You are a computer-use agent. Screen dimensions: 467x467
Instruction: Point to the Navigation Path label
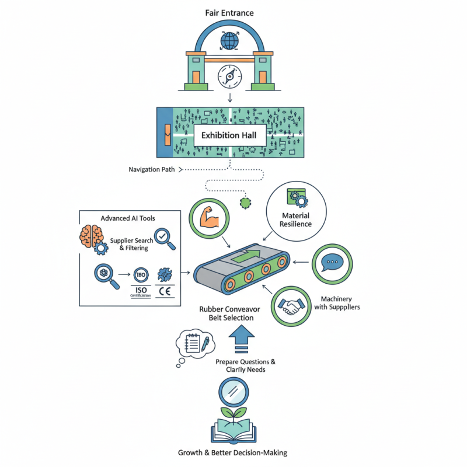coord(152,170)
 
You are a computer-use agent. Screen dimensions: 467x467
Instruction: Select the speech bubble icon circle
coord(332,263)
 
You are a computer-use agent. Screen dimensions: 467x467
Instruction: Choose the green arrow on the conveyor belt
coord(245,255)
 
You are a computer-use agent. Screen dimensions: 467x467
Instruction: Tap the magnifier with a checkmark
coord(163,238)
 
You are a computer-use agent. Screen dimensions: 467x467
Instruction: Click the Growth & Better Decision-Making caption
coord(232,453)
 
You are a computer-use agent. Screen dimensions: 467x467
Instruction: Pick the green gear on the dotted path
coord(245,203)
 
